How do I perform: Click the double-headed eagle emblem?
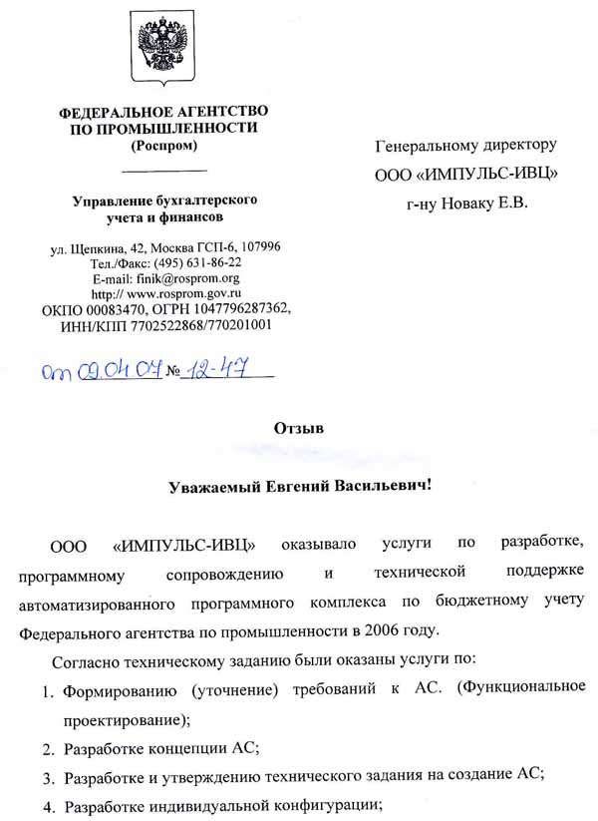coord(163,47)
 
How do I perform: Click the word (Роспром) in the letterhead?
coord(163,146)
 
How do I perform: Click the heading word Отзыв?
coord(299,428)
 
